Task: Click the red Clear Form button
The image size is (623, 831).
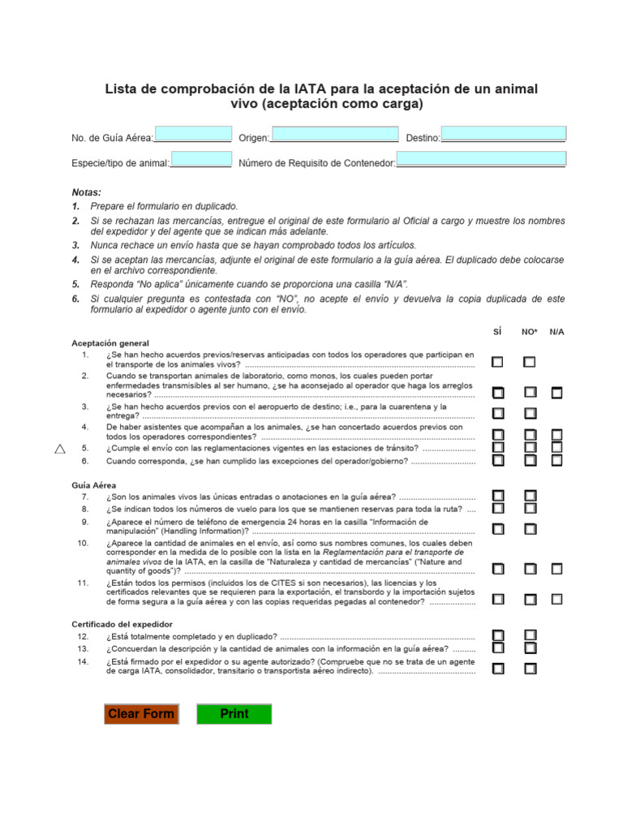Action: (x=141, y=714)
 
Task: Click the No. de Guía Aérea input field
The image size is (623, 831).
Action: (x=193, y=135)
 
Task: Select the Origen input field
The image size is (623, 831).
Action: (x=335, y=135)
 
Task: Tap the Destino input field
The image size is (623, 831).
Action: (x=503, y=135)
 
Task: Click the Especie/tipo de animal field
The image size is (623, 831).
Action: (x=202, y=160)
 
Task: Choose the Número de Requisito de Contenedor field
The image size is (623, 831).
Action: (x=480, y=160)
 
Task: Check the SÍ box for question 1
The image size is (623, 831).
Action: (x=497, y=362)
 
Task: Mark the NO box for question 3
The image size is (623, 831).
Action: (x=530, y=414)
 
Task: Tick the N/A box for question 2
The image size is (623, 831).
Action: (x=556, y=393)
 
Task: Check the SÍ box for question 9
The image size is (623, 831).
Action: (x=497, y=529)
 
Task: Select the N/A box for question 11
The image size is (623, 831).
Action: (x=556, y=600)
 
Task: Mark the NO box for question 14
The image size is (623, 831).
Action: (x=530, y=670)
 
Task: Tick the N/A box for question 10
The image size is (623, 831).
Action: (x=556, y=569)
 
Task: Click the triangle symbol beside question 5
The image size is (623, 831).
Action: (x=59, y=449)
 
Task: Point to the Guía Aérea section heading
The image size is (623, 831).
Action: (x=93, y=484)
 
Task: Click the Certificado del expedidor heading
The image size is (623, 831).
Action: (x=116, y=624)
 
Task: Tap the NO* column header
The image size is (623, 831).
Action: (x=529, y=332)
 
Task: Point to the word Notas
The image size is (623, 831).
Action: (x=86, y=192)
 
